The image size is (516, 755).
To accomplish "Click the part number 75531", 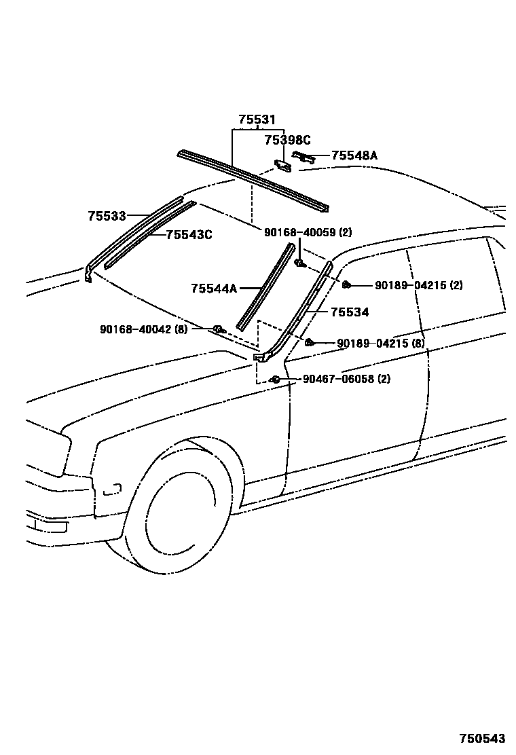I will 257,120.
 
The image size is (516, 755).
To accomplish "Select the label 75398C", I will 287,140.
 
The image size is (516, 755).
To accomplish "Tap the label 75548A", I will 354,155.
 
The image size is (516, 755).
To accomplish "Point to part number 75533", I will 107,216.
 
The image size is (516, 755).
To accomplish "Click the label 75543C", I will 189,235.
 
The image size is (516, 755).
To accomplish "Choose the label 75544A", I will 213,289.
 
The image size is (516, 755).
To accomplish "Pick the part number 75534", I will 350,312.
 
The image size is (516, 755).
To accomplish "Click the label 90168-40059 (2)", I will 308,232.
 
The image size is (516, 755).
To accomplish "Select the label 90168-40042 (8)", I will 143,329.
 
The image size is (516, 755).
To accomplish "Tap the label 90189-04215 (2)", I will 418,285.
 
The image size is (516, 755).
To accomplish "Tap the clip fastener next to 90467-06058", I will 275,379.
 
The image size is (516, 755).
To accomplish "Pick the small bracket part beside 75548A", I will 303,157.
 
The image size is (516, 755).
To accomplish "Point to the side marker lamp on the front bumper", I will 112,488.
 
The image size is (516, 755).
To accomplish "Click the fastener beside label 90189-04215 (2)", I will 346,284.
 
